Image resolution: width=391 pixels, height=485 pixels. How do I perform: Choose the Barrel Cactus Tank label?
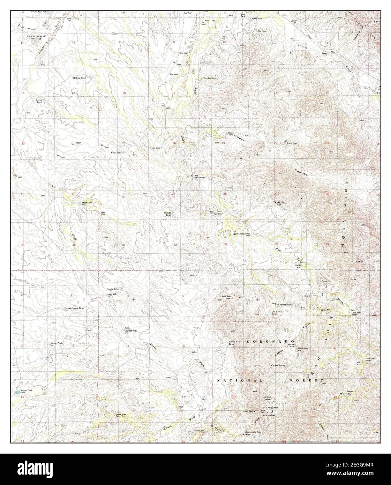[74, 308]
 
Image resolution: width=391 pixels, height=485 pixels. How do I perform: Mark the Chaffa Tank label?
[113, 289]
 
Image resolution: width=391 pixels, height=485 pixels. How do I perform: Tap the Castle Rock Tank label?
[233, 343]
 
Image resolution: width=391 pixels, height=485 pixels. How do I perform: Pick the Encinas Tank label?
[350, 393]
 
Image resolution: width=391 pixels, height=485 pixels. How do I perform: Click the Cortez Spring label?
[278, 365]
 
